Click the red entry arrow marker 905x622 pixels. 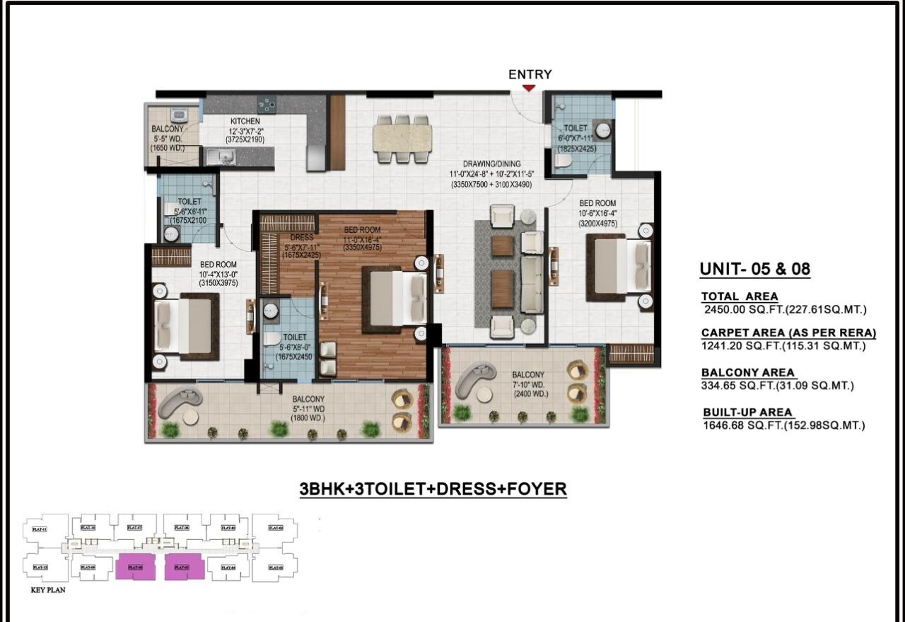(x=529, y=88)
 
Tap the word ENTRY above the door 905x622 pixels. (x=530, y=74)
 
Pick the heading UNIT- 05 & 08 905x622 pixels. (x=754, y=269)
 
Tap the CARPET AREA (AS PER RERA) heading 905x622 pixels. (x=788, y=333)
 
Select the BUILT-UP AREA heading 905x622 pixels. (x=747, y=412)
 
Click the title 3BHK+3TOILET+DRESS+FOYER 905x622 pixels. (x=433, y=489)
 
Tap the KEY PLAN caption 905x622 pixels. (x=47, y=589)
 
